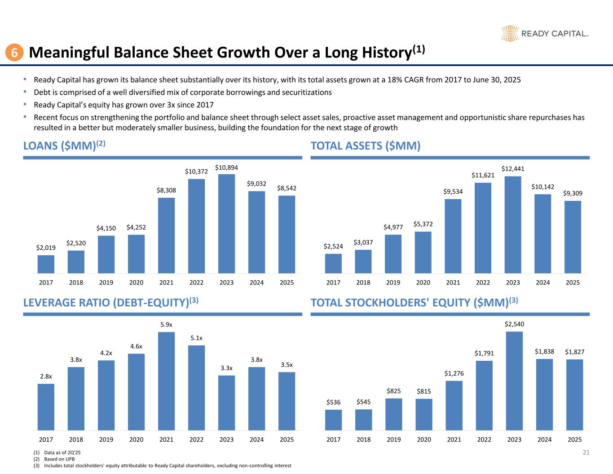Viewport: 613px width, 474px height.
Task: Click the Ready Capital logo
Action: coord(544,34)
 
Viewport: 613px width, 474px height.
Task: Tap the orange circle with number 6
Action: coord(14,53)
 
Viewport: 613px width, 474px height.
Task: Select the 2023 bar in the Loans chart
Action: coord(226,224)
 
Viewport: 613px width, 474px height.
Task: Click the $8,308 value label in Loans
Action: coord(166,190)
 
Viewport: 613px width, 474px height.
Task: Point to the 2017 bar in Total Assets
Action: coord(333,263)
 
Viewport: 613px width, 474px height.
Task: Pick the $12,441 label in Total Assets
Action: coord(513,169)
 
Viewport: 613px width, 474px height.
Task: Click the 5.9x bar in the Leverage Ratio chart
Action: coord(166,381)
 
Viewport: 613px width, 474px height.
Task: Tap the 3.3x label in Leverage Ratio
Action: coord(226,368)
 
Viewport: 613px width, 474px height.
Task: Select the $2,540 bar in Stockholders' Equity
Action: coord(514,381)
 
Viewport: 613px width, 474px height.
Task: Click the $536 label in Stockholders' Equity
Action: coord(333,403)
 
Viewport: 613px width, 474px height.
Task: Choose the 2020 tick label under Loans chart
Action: coord(136,283)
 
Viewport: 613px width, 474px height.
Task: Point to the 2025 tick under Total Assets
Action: coord(573,283)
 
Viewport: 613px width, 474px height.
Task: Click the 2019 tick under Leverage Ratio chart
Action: coord(106,439)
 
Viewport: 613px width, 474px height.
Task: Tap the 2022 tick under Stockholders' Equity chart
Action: coord(484,439)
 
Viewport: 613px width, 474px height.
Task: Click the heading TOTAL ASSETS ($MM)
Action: coord(366,146)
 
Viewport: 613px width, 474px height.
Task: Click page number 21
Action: coord(586,452)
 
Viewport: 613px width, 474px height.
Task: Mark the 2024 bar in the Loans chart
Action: coord(256,232)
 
